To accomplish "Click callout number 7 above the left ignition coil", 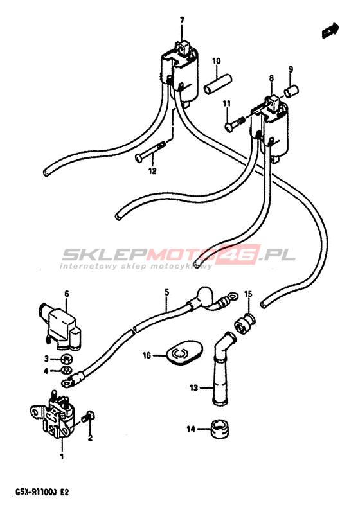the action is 182,21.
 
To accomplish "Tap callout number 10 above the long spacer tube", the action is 217,61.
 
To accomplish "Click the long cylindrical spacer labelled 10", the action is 218,84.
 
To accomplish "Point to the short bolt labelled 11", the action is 235,123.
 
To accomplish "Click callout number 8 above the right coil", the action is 271,78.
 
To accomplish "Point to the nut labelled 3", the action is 67,359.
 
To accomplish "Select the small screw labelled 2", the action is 89,416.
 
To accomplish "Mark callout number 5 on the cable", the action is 167,292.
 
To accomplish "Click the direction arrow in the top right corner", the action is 330,31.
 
